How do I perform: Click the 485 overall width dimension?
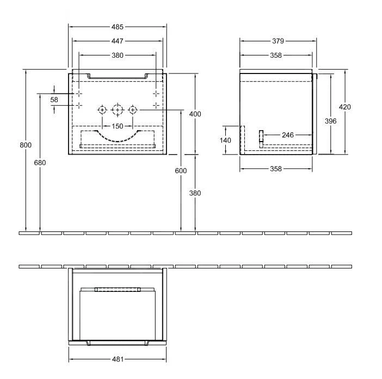click(118, 27)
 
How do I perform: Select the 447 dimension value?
click(118, 41)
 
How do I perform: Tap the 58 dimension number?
click(54, 100)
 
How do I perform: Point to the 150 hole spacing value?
click(118, 126)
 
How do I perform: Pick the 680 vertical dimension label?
click(40, 163)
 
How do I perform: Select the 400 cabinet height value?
click(195, 114)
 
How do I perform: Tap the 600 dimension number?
click(181, 171)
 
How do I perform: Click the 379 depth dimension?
click(278, 41)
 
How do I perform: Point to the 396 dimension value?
click(330, 121)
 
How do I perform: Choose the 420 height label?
click(344, 107)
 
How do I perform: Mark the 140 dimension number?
click(226, 140)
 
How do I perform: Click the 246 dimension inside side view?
click(288, 135)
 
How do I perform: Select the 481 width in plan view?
click(118, 359)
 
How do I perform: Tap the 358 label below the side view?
click(276, 169)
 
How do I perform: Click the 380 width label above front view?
click(118, 55)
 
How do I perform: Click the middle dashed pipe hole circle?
click(117, 111)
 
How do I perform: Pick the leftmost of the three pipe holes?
click(102, 111)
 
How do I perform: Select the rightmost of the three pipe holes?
click(132, 111)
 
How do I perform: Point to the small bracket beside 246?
click(261, 138)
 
